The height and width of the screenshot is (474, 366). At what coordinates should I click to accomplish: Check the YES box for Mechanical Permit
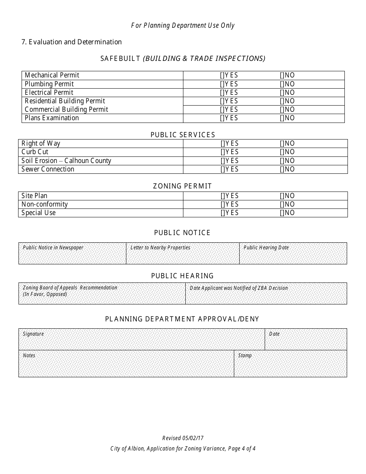(222, 76)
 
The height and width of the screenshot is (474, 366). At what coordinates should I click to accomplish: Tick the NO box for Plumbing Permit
(282, 84)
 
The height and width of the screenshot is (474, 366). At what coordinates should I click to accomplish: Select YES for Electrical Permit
(222, 92)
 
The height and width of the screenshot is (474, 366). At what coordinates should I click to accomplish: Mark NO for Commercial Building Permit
(282, 109)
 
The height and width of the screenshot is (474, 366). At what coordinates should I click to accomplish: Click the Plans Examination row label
(52, 118)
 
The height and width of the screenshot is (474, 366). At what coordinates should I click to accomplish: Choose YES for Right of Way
(223, 143)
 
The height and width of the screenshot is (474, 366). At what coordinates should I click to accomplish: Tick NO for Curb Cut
(282, 152)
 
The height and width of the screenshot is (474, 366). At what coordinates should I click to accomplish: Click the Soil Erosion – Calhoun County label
(66, 161)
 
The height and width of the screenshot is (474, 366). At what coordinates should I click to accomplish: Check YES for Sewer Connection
(223, 169)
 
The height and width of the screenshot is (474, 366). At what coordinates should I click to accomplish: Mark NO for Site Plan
(282, 196)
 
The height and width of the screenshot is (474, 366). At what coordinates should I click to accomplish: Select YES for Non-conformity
(223, 204)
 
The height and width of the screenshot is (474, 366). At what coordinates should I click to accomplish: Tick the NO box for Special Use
(282, 213)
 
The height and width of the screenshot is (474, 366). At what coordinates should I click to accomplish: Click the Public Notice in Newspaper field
(72, 255)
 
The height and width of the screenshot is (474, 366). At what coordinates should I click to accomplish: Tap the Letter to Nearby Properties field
(182, 255)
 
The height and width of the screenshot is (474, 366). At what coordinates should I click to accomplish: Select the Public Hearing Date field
(293, 255)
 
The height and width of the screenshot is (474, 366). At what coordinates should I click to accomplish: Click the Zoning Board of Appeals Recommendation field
(102, 296)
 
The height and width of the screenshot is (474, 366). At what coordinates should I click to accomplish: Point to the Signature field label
(33, 334)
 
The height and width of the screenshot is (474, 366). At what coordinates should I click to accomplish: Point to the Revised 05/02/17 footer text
(183, 438)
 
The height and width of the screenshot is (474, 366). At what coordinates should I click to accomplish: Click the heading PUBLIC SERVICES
(183, 135)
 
